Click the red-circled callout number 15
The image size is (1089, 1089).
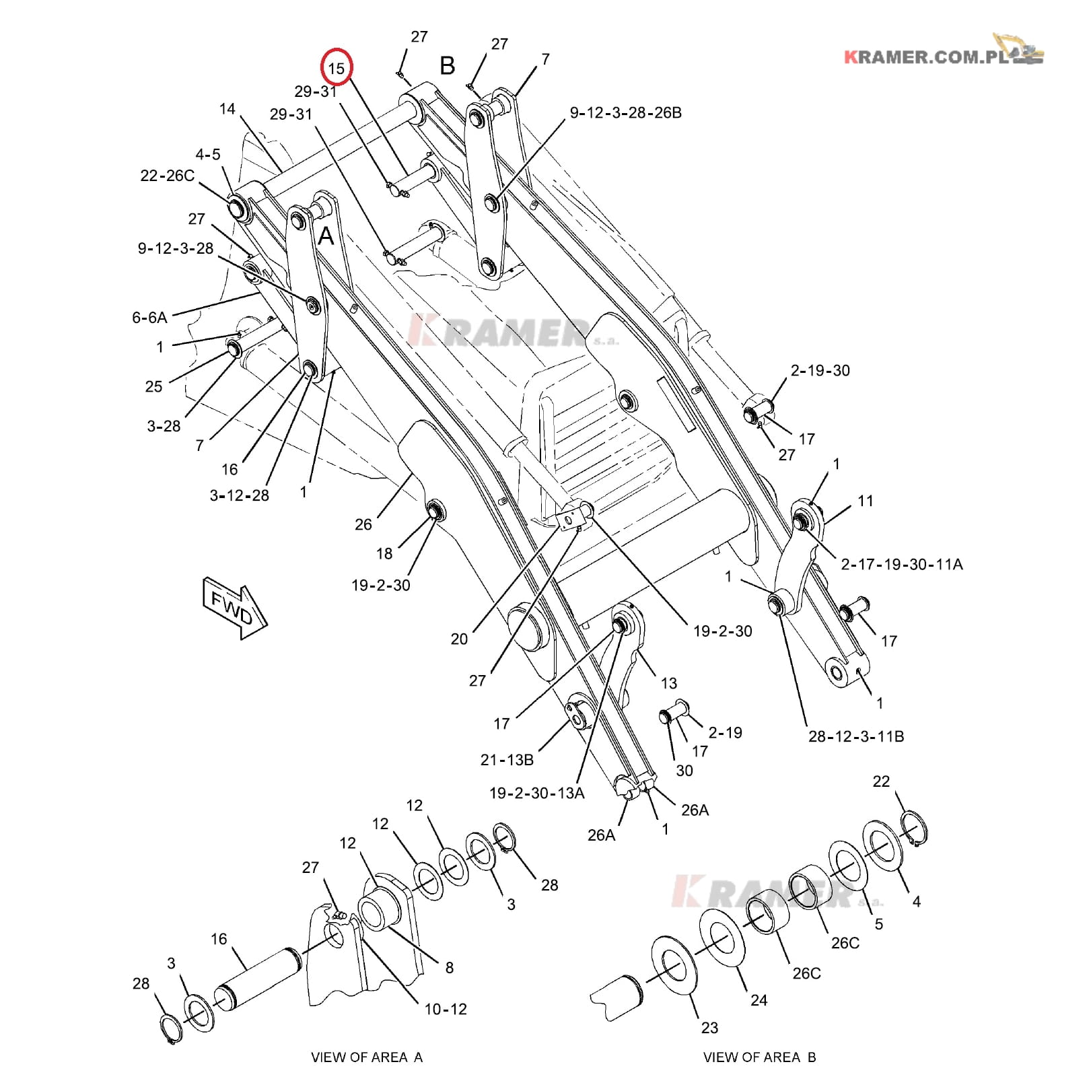337,67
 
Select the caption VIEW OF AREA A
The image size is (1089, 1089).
366,1057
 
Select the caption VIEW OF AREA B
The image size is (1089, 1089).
759,1057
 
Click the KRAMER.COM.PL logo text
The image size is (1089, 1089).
929,57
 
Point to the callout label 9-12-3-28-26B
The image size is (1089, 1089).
625,113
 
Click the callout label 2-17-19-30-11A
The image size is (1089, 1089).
901,565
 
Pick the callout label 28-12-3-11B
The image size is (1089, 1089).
855,736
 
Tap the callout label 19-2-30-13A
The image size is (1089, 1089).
536,794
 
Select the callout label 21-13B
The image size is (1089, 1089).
507,760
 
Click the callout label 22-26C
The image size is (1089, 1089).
167,176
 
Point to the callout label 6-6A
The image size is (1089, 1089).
149,317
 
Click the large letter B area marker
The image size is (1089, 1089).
448,66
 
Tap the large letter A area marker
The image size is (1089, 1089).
326,236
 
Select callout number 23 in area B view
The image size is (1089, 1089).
709,1028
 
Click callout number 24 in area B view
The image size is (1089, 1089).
759,1000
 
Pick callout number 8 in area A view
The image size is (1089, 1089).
449,967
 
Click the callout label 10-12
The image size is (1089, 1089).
445,1009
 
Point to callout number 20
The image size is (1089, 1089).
459,639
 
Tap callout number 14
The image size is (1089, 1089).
227,108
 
